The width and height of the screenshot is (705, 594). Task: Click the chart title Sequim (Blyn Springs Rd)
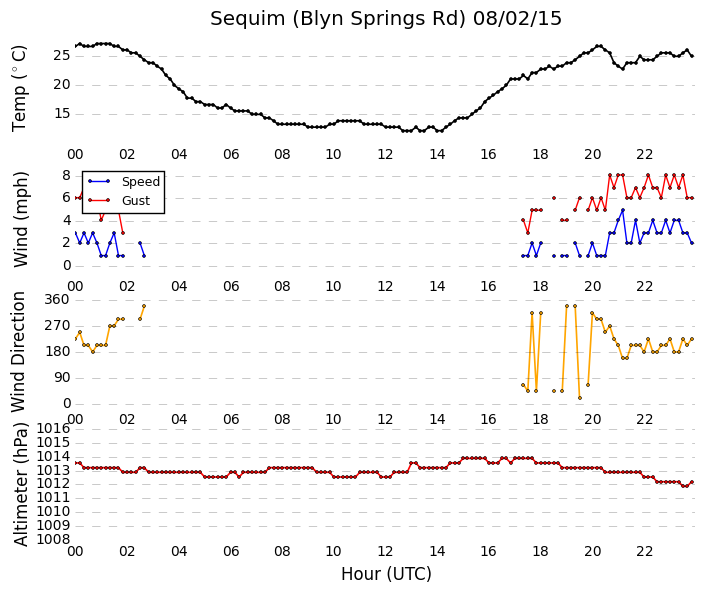click(337, 19)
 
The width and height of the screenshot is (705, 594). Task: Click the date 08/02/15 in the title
click(517, 18)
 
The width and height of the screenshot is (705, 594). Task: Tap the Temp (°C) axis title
click(19, 89)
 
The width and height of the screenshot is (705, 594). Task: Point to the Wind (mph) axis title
click(20, 219)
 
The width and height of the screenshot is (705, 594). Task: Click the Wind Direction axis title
click(18, 352)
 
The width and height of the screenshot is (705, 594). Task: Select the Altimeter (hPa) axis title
click(20, 484)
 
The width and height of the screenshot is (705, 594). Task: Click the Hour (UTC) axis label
click(386, 574)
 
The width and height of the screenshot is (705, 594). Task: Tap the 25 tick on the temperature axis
click(62, 56)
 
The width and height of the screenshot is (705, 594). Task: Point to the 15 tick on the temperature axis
click(62, 113)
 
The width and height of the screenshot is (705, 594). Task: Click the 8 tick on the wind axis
click(67, 175)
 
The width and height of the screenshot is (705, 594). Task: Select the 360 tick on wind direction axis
click(57, 299)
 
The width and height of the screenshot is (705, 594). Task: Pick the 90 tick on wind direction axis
click(62, 378)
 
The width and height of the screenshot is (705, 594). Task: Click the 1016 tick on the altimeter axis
click(54, 428)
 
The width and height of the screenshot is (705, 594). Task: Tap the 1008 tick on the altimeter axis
click(54, 539)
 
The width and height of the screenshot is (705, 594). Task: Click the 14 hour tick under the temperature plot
click(437, 155)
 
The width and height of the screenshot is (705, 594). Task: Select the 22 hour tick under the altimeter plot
click(644, 551)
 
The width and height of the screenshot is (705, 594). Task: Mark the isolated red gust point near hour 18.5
click(554, 198)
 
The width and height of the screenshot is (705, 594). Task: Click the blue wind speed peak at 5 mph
click(623, 210)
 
